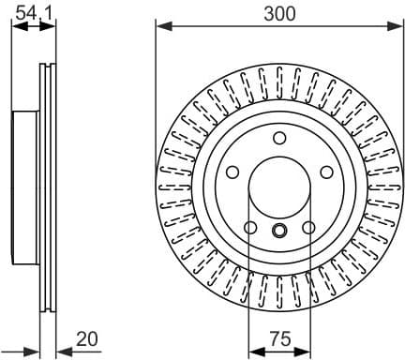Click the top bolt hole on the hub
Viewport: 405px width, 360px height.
(x=279, y=139)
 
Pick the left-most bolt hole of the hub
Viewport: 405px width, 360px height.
(x=232, y=173)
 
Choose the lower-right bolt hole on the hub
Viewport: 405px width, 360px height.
(x=309, y=228)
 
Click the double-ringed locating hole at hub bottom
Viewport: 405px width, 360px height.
(x=279, y=232)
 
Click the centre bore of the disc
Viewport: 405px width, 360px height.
(x=279, y=187)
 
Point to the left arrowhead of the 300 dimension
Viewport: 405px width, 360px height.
(x=160, y=26)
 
